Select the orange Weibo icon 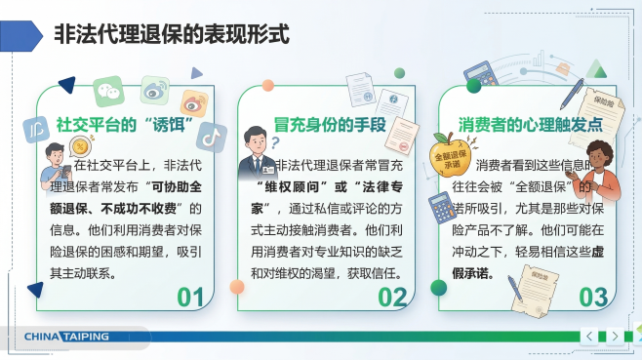[192, 100]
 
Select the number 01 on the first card [191, 296]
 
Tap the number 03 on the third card [593, 296]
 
